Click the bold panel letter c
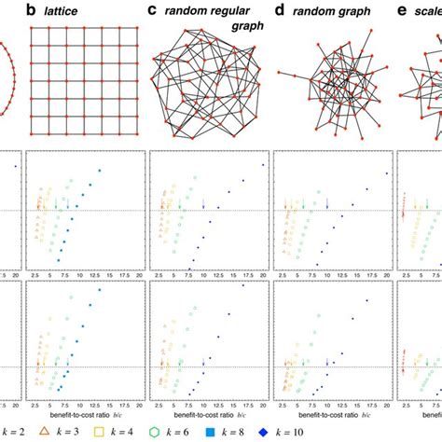[x=152, y=11]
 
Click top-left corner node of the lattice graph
[x=33, y=28]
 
